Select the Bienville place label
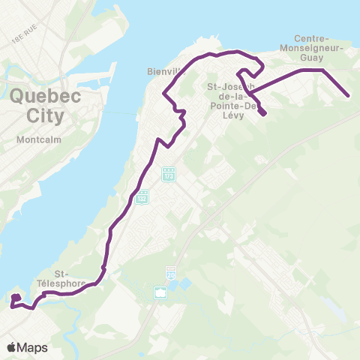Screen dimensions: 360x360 click(x=164, y=73)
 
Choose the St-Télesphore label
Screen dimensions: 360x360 click(x=73, y=279)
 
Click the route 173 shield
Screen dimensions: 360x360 click(x=169, y=173)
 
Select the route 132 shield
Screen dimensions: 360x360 click(x=142, y=197)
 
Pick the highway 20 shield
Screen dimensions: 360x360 click(x=171, y=273)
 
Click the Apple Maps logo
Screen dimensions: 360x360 click(x=27, y=347)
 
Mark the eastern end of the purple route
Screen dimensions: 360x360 click(x=349, y=95)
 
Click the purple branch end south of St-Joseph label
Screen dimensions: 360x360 click(x=265, y=115)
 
